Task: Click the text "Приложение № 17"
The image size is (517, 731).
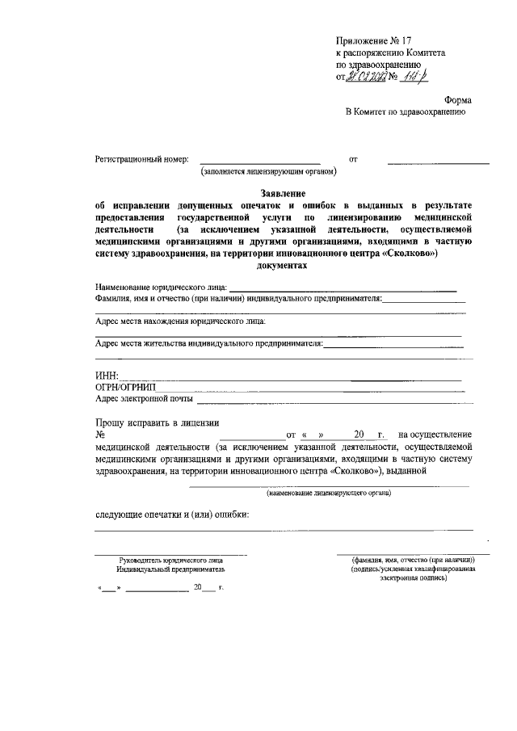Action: (373, 40)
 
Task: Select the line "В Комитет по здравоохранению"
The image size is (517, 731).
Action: (405, 113)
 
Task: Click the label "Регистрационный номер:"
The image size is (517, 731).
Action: (141, 160)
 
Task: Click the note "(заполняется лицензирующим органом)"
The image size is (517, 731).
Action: (268, 172)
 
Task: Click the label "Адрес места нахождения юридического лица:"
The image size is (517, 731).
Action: (180, 321)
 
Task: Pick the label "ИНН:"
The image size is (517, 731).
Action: (107, 376)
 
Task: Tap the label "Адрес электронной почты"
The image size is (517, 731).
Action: (144, 398)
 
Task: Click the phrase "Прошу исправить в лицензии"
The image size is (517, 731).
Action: (157, 422)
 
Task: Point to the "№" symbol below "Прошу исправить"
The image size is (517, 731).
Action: (100, 434)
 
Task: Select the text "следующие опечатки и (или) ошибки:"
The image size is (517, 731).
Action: (172, 515)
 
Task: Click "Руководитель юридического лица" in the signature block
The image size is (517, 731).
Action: (171, 559)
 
